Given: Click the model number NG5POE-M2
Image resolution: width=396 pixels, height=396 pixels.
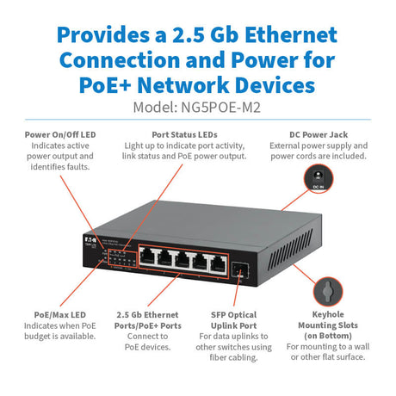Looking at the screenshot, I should click(226, 108).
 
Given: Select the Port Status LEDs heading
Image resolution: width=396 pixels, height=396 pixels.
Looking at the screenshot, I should click(190, 134).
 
